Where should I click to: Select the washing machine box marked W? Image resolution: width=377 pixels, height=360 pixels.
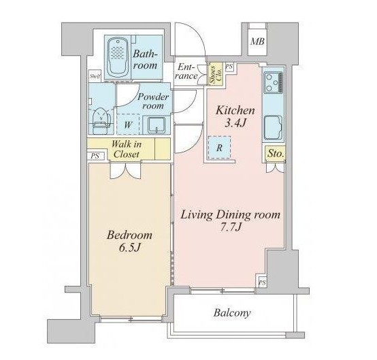click(128, 124)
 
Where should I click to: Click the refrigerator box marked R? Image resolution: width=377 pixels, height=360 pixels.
click(219, 148)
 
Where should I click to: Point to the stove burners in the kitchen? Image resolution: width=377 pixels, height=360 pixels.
click(274, 82)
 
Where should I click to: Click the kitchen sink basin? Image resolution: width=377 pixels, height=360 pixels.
click(273, 128)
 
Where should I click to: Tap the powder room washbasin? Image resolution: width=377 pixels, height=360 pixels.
click(156, 125)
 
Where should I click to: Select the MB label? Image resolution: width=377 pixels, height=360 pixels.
click(257, 42)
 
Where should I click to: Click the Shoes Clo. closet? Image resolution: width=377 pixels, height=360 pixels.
click(216, 74)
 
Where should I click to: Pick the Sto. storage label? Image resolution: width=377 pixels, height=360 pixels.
click(276, 153)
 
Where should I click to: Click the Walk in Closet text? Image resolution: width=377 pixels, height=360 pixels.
click(127, 149)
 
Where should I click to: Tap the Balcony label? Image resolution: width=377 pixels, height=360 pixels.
click(232, 313)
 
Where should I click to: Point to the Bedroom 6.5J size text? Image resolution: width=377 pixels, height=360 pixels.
click(129, 248)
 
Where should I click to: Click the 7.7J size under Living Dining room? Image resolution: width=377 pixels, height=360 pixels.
click(230, 227)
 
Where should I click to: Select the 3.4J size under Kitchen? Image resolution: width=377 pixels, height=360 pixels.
click(235, 122)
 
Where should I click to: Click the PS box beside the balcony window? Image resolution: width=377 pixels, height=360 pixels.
click(262, 282)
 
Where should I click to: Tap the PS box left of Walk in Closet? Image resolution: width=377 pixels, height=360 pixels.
click(95, 156)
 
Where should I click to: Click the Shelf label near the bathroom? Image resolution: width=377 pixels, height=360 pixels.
click(95, 76)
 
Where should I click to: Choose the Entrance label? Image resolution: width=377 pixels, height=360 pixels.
click(186, 71)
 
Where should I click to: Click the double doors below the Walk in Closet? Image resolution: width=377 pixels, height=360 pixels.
click(125, 171)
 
